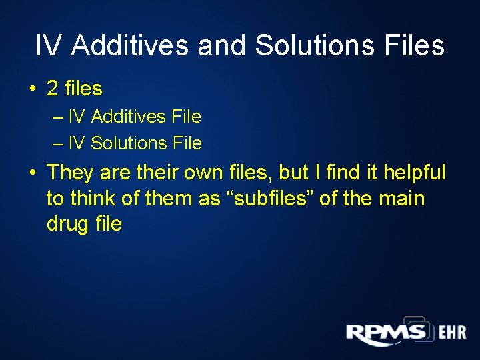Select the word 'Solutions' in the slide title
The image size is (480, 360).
pos(315,46)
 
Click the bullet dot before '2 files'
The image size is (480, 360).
pos(33,89)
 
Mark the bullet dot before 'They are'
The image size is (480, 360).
pos(33,173)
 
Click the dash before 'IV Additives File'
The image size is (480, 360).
pos(56,117)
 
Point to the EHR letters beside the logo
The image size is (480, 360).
pos(452,333)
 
